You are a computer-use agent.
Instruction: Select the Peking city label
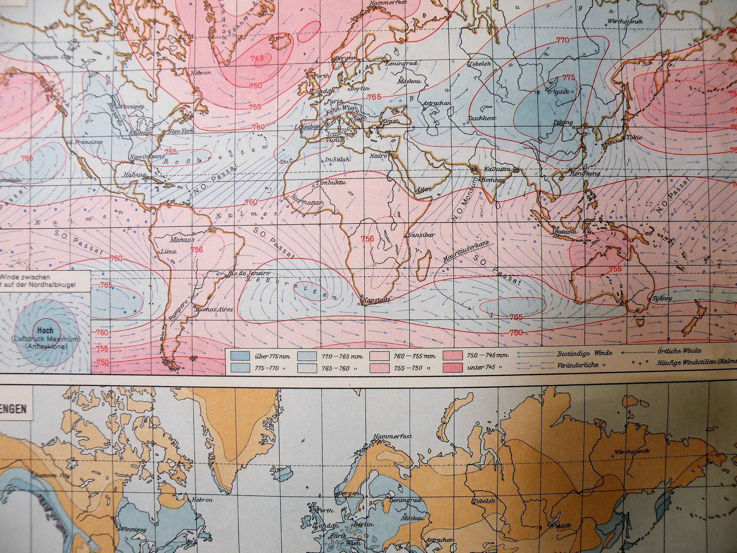click(x=563, y=122)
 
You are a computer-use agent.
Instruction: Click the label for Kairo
click(x=378, y=156)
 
